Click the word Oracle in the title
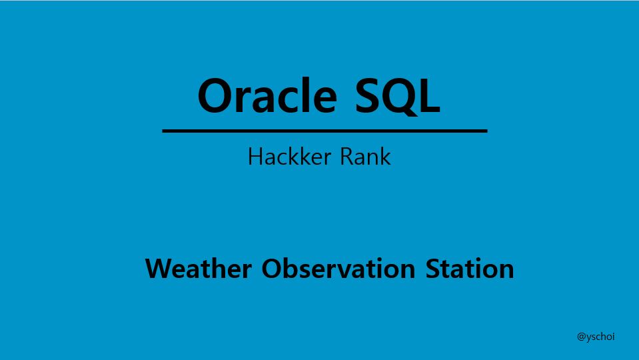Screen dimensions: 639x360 pos(267,95)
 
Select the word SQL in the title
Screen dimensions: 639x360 pos(398,96)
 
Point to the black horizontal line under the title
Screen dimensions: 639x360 pos(324,131)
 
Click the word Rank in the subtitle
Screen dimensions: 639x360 pos(366,157)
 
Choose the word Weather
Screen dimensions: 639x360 pos(199,269)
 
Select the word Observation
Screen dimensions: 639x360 pos(338,269)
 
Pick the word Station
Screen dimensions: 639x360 pos(470,269)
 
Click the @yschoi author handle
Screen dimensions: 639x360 pos(596,337)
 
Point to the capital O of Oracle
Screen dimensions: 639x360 pos(215,95)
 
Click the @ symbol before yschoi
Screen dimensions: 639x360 pos(581,337)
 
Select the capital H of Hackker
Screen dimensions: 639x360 pos(255,157)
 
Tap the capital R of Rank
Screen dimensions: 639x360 pos(346,157)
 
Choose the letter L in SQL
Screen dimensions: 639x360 pos(430,95)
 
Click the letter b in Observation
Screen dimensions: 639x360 pos(290,269)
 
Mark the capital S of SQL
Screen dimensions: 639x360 pos(366,95)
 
